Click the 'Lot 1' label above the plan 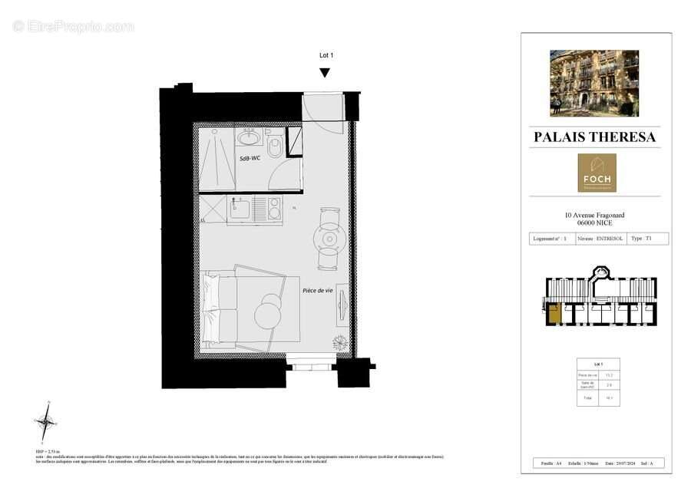click(326, 55)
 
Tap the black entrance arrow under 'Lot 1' click(325, 73)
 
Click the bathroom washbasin click(249, 138)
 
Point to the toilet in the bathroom click(275, 146)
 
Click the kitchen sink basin click(237, 207)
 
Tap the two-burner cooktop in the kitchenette click(273, 207)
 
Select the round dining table click(329, 239)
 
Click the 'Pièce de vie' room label click(317, 290)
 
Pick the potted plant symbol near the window click(339, 342)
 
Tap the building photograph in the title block click(593, 83)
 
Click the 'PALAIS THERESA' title click(594, 137)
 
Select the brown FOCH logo click(597, 173)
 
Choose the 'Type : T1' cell click(641, 239)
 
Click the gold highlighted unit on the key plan click(554, 312)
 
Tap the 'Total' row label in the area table click(587, 398)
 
